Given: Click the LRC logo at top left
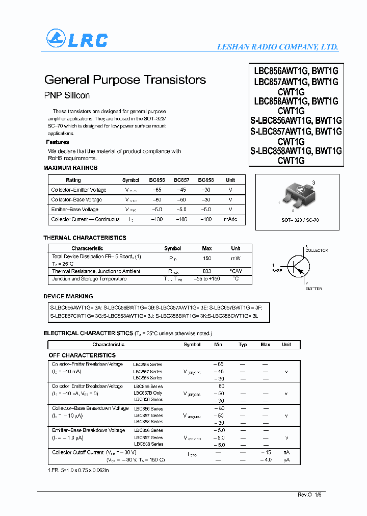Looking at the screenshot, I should pyautogui.click(x=77, y=39).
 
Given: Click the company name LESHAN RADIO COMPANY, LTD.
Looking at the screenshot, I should pyautogui.click(x=278, y=46).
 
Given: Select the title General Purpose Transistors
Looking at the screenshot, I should pyautogui.click(x=125, y=80).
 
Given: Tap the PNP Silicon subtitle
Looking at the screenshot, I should pyautogui.click(x=67, y=95).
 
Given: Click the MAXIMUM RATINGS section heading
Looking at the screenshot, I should pyautogui.click(x=70, y=168).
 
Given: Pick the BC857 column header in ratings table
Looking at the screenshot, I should pyautogui.click(x=181, y=180).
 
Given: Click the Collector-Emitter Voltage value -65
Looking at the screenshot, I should pyautogui.click(x=157, y=190).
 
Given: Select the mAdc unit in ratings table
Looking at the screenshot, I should pyautogui.click(x=230, y=219).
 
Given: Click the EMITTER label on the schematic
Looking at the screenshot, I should pyautogui.click(x=313, y=289).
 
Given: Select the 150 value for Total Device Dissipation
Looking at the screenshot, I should pyautogui.click(x=207, y=259).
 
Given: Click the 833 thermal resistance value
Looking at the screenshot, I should pyautogui.click(x=207, y=271).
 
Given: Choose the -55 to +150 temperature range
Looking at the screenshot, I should pyautogui.click(x=207, y=279).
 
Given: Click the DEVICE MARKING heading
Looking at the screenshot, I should pyautogui.click(x=68, y=296).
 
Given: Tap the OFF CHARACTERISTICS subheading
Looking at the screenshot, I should pyautogui.click(x=82, y=355).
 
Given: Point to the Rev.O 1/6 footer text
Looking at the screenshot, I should pyautogui.click(x=310, y=495).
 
